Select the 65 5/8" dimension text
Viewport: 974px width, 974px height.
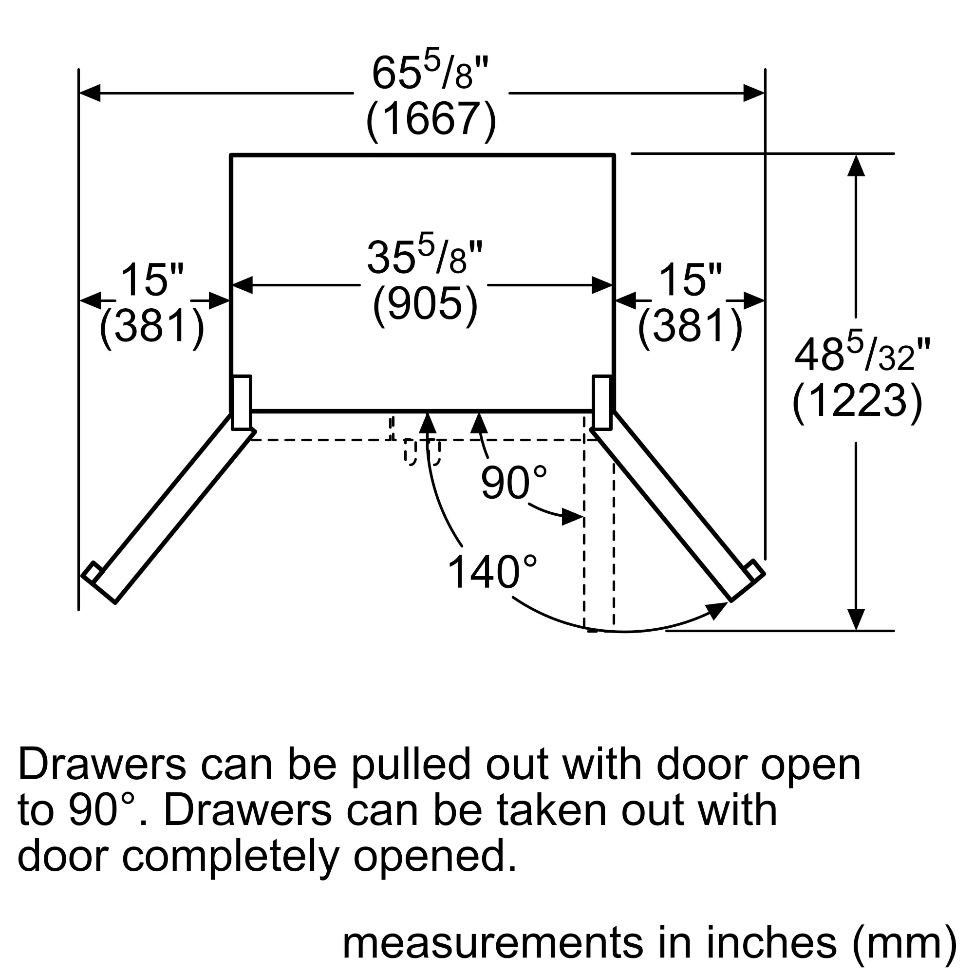(431, 70)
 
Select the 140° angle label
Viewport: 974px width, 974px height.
(492, 572)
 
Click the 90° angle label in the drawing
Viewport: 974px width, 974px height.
(514, 482)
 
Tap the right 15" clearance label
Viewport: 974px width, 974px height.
(690, 281)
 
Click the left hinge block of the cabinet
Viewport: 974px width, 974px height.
(242, 402)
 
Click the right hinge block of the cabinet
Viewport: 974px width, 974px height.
(602, 402)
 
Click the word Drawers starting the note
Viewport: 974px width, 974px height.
(102, 764)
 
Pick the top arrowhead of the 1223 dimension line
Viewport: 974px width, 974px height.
(856, 165)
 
